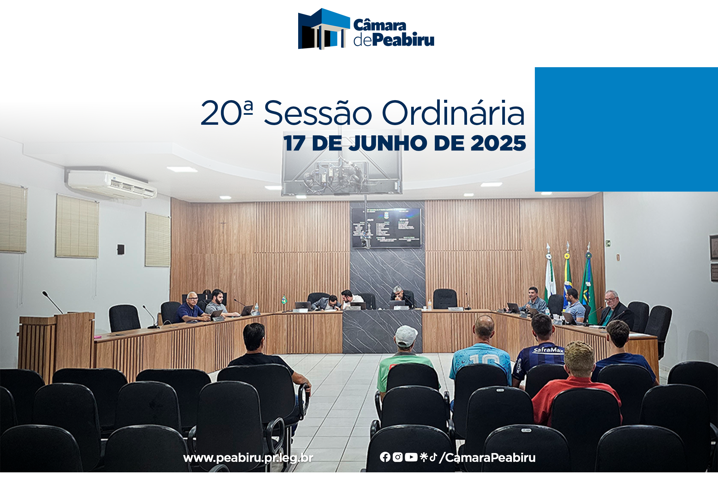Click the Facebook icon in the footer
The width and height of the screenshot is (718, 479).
tap(385, 457)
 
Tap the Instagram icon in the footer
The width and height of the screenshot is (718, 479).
tap(398, 457)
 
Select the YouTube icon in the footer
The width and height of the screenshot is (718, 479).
tap(411, 457)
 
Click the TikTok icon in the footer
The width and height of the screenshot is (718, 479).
tap(433, 457)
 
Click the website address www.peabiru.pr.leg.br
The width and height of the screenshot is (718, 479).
tap(248, 458)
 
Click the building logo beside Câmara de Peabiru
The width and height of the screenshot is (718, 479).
tap(323, 29)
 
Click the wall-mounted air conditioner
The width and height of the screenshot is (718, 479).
tap(111, 185)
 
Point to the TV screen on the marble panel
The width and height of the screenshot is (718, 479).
tap(387, 228)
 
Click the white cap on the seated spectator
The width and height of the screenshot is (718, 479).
tap(406, 336)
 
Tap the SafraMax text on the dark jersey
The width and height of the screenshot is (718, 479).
tap(548, 350)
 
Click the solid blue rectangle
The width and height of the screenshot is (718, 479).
tap(626, 129)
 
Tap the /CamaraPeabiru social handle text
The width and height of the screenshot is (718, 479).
tap(487, 458)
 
